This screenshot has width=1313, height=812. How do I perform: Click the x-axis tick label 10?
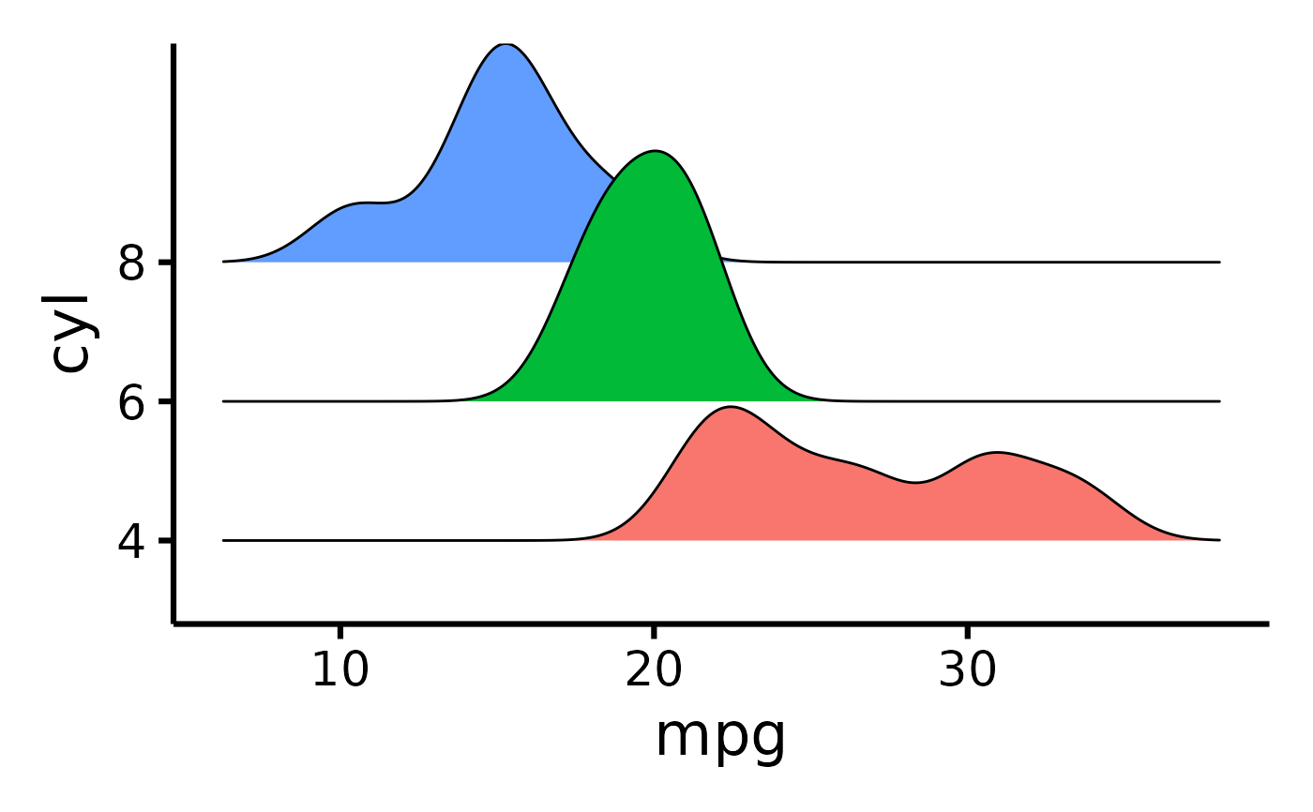pyautogui.click(x=340, y=671)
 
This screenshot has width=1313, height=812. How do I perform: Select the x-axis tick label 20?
pyautogui.click(x=654, y=671)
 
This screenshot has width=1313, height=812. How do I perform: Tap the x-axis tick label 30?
pyautogui.click(x=967, y=671)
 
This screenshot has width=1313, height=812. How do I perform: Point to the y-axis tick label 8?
pyautogui.click(x=131, y=264)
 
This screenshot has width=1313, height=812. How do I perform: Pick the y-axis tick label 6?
pyautogui.click(x=131, y=404)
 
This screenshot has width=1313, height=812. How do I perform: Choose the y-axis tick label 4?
pyautogui.click(x=131, y=543)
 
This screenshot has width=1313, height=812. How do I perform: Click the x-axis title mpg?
pyautogui.click(x=719, y=737)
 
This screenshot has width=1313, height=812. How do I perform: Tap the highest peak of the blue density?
pyautogui.click(x=506, y=44)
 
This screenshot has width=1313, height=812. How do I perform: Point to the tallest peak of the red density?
pyautogui.click(x=729, y=407)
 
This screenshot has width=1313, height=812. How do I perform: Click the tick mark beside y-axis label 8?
pyautogui.click(x=165, y=262)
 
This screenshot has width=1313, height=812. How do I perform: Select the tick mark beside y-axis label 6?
pyautogui.click(x=165, y=401)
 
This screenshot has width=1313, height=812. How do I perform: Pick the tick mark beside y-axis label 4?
pyautogui.click(x=165, y=540)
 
